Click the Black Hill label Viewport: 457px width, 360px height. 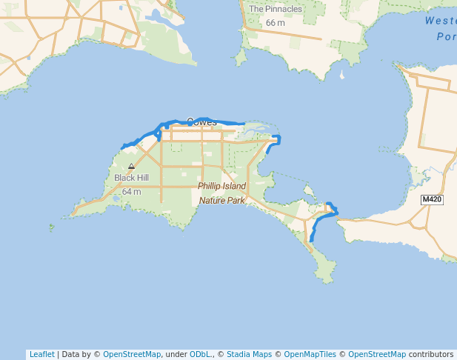[x=131, y=178]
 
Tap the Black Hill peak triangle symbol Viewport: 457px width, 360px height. [x=131, y=167]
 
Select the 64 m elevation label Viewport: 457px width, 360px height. [x=131, y=192]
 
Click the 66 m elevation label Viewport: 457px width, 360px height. [x=275, y=23]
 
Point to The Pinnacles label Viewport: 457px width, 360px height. [x=276, y=10]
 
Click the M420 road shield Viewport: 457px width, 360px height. [x=431, y=200]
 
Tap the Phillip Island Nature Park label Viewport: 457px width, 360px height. [x=221, y=193]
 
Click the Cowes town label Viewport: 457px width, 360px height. [x=201, y=121]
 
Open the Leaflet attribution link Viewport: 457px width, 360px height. [x=41, y=354]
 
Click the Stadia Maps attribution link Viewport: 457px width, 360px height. [x=249, y=354]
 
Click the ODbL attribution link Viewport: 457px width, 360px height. [x=200, y=354]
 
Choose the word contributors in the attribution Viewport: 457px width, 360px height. [x=430, y=354]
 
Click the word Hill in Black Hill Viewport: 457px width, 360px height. [x=141, y=178]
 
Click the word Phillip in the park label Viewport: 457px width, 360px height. [x=210, y=186]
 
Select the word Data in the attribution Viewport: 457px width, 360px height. [x=71, y=354]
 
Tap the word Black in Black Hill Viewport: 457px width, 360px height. [x=123, y=178]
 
